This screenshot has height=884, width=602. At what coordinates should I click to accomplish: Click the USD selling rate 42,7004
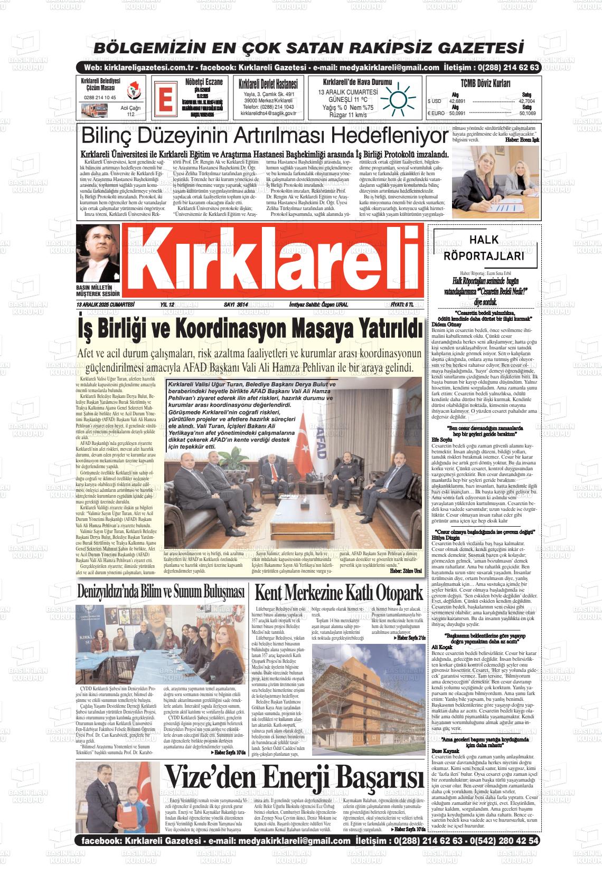click(x=526, y=101)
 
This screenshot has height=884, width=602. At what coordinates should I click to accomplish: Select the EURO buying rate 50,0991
click(x=457, y=113)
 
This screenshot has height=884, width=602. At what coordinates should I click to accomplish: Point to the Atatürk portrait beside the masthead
click(x=98, y=255)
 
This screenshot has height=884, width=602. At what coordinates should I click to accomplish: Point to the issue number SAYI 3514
click(x=236, y=305)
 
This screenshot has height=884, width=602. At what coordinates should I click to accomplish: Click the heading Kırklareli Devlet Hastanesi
click(x=268, y=84)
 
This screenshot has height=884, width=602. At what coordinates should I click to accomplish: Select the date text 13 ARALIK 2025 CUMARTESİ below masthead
click(x=106, y=305)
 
